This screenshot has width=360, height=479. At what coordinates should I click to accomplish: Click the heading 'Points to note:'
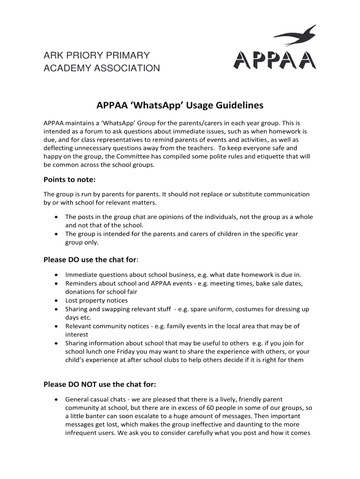point(69,180)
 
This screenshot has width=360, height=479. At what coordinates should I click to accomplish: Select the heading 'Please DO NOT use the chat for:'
point(100,385)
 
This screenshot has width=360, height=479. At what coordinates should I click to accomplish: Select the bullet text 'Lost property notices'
point(96,300)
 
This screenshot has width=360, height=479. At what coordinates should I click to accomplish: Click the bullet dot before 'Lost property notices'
point(56,301)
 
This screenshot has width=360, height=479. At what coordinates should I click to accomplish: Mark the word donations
point(81,292)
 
